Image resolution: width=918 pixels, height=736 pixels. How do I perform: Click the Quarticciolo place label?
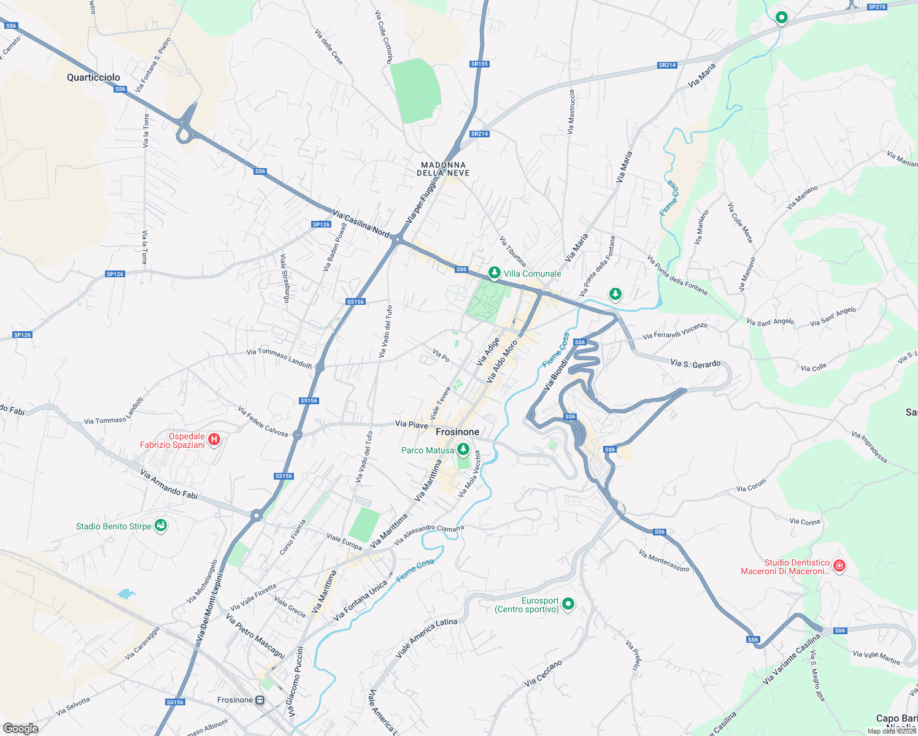[93, 77]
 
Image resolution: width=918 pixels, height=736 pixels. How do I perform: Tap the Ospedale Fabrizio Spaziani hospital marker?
[214, 439]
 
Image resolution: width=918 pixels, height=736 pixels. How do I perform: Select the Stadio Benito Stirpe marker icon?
[161, 526]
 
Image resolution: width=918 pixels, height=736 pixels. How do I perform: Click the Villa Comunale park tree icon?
[494, 272]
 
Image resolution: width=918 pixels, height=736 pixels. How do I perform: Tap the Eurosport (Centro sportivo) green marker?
[568, 604]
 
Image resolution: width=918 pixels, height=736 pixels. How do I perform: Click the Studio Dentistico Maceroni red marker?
[839, 565]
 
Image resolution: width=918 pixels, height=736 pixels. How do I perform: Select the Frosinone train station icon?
[260, 700]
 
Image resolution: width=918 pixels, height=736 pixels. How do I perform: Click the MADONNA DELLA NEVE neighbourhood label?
[444, 169]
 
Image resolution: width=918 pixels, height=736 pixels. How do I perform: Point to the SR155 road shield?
[479, 64]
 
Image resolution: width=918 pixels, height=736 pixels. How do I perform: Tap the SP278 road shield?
[877, 7]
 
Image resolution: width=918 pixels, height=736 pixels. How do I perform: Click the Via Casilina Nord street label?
[361, 223]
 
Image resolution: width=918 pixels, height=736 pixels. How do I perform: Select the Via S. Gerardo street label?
[695, 364]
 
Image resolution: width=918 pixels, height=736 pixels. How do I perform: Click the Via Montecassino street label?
[664, 561]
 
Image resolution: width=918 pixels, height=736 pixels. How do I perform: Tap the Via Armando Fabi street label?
[169, 483]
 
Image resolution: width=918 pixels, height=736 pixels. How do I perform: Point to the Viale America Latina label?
[426, 638]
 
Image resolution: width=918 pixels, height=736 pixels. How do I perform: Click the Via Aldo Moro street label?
[501, 362]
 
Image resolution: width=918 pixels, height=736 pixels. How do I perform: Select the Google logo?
[20, 728]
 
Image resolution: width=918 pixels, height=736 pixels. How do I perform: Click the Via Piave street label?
[411, 424]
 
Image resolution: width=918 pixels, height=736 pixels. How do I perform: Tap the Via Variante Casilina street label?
[791, 660]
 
